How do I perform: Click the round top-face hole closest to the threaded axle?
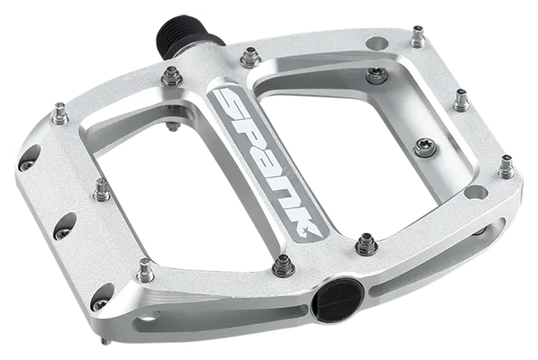tap(377, 44)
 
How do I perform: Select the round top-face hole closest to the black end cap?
tap(476, 192)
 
